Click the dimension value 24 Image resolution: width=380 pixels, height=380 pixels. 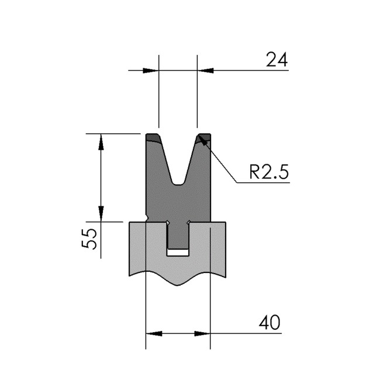277,60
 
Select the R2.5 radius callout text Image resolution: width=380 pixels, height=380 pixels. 269,171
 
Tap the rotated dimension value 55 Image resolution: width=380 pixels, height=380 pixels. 89,239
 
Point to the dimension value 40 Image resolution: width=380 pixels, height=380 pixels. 270,323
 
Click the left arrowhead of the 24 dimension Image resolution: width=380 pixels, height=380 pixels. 151,71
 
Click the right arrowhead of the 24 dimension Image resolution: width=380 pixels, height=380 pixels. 205,71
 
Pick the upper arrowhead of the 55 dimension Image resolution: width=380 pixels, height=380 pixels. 101,142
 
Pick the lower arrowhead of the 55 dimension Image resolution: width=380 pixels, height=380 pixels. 101,213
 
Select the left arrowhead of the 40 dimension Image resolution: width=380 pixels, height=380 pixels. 154,333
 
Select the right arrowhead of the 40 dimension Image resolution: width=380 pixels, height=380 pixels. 202,333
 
